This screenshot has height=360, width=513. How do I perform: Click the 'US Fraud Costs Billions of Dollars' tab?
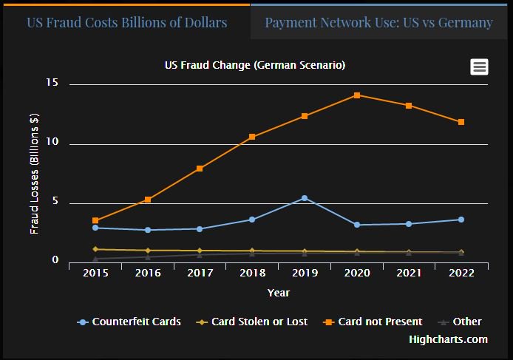[x=126, y=22]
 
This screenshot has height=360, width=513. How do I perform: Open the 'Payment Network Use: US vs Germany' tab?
[x=378, y=22]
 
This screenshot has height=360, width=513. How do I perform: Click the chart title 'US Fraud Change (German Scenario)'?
[x=255, y=65]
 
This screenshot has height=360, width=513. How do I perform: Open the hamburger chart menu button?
[x=479, y=67]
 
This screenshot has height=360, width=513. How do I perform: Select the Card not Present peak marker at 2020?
[x=357, y=95]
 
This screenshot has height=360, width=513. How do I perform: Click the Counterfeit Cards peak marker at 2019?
[x=305, y=198]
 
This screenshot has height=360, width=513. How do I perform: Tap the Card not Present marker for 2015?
[x=95, y=220]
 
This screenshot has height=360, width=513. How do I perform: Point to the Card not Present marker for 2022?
[x=461, y=122]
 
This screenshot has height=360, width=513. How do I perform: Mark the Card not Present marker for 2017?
[x=200, y=169]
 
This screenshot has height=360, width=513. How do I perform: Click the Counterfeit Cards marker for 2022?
[x=461, y=220]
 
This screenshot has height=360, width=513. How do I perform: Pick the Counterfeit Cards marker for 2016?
[x=148, y=230]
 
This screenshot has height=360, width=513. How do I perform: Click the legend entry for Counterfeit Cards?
[x=129, y=322]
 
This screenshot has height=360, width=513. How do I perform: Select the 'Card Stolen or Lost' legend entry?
[x=255, y=322]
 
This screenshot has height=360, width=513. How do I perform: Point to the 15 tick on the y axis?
[x=52, y=84]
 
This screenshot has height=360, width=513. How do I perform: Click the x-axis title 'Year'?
[x=278, y=293]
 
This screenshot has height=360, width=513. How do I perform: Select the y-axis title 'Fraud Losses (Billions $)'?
[x=34, y=174]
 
